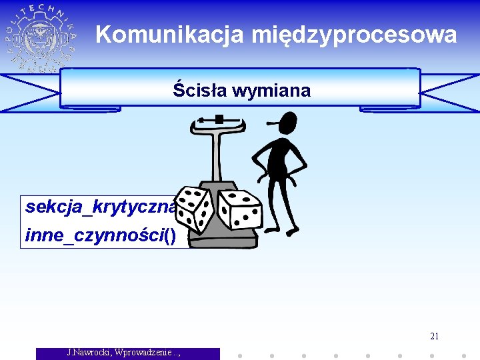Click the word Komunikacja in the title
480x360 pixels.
coord(171,35)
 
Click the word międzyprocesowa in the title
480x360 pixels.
coord(354,35)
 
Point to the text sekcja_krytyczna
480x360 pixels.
coord(100,207)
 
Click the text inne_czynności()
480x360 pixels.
coord(100,235)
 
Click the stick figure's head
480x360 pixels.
coord(287,124)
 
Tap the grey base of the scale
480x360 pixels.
coord(227,237)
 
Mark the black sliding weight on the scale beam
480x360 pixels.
coord(219,119)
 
